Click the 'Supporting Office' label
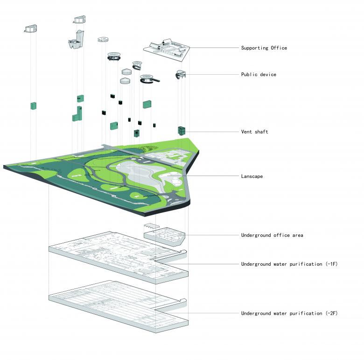click(264, 48)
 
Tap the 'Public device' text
click(259, 75)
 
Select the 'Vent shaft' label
click(254, 132)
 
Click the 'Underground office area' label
click(272, 235)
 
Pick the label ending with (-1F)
click(289, 264)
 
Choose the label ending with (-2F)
click(289, 313)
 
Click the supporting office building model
click(166, 49)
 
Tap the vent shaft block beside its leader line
click(182, 131)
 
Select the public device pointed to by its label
click(181, 74)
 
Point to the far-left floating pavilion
click(31, 29)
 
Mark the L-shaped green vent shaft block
click(77, 114)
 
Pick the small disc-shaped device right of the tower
click(103, 40)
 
